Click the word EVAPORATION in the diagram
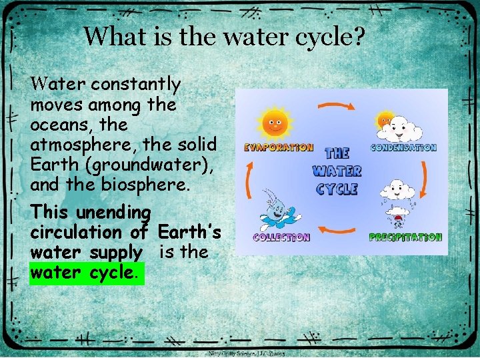tap(278, 147)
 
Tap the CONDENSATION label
tap(403, 147)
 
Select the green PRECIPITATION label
tap(405, 237)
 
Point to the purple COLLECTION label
tap(281, 237)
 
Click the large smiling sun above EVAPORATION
tap(275, 122)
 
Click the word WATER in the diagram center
tap(337, 171)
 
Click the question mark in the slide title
tap(359, 36)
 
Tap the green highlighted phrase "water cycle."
tap(87, 273)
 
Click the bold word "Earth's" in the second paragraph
tap(189, 233)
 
